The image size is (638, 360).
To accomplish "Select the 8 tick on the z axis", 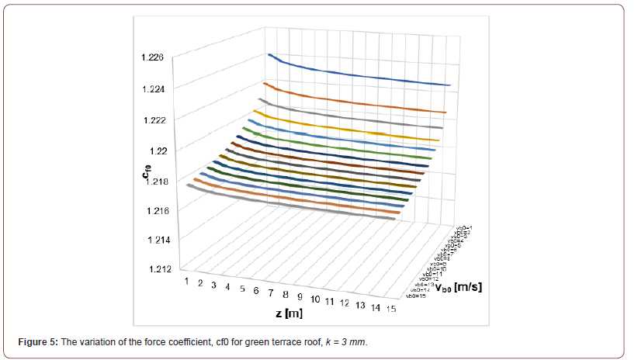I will coord(286,295).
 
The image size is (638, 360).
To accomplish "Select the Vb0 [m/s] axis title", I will coord(459,288).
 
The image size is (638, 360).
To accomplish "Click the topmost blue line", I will coord(357,70).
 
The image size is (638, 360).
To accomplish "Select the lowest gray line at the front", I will coord(295,207).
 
